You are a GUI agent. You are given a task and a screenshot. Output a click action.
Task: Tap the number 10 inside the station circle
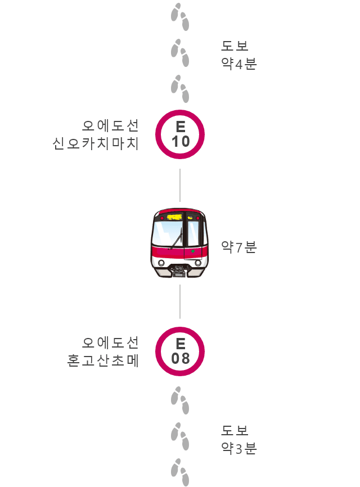click(x=181, y=142)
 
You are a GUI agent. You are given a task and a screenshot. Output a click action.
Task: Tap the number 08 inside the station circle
click(x=181, y=358)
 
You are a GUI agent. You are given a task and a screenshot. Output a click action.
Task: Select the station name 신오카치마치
click(x=96, y=144)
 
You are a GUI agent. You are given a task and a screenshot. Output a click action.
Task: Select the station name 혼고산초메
click(x=103, y=360)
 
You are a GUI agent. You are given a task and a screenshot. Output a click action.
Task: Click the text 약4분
click(x=239, y=64)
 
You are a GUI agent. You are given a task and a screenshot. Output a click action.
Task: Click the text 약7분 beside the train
click(x=239, y=247)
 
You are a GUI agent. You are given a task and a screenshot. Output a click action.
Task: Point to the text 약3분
click(x=239, y=448)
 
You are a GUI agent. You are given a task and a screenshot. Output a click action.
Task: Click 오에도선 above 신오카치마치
click(x=110, y=126)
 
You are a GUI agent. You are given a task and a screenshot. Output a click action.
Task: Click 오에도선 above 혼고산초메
click(x=110, y=343)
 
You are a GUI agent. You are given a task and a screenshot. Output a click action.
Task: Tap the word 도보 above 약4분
click(x=235, y=46)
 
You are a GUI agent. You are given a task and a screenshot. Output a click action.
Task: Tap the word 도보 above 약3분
click(x=235, y=430)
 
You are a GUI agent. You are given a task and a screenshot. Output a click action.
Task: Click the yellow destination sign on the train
click(x=174, y=217)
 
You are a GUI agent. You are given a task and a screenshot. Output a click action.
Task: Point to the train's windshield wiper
click(x=177, y=238)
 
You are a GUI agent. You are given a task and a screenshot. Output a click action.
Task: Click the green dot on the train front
click(x=193, y=251)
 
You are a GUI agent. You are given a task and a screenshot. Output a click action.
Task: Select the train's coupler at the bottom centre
click(x=179, y=271)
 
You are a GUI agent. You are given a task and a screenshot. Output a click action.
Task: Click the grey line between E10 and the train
click(x=180, y=186)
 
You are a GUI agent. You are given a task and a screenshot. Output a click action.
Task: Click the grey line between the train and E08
click(x=180, y=301)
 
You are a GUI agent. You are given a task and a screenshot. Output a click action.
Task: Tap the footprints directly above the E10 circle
click(x=180, y=89)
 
